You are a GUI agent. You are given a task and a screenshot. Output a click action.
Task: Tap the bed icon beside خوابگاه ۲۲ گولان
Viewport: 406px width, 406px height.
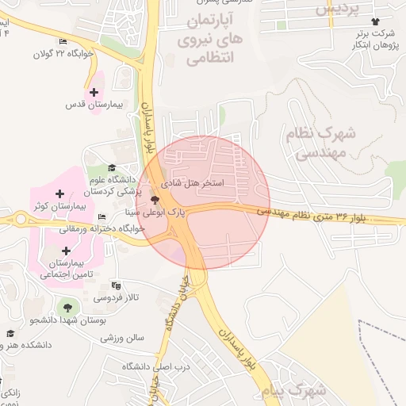(x=63, y=42)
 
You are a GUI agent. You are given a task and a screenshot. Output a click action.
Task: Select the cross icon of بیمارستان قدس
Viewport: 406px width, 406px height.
(x=95, y=92)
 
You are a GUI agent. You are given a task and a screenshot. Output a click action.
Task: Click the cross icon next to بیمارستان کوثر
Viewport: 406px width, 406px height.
(x=60, y=193)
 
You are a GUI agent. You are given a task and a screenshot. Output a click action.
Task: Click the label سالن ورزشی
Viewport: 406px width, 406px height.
(x=122, y=337)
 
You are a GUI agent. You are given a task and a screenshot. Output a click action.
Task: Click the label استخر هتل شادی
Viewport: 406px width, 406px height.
(x=193, y=182)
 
